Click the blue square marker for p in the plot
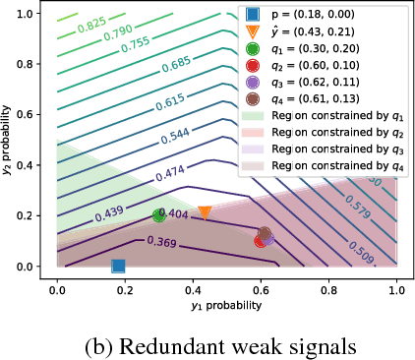click(118, 266)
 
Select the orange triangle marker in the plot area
click(205, 212)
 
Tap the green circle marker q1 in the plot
click(159, 215)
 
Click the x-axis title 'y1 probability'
click(227, 306)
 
